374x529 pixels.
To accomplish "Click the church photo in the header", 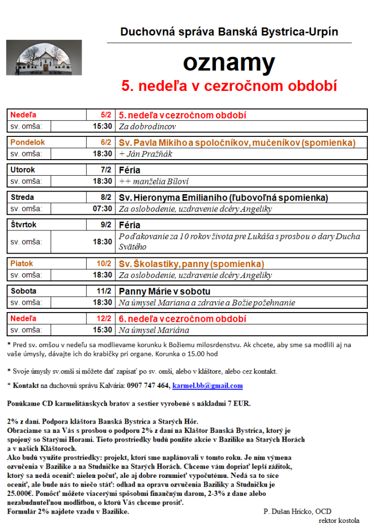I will (x=44, y=58).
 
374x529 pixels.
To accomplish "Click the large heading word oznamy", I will (x=229, y=63).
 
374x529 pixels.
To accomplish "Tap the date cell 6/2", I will (x=106, y=142).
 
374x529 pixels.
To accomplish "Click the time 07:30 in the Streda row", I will (x=102, y=209).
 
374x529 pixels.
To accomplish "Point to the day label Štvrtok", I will (x=25, y=225).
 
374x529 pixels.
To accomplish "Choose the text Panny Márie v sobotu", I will (x=165, y=291).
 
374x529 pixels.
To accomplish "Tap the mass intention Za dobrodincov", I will (x=148, y=126).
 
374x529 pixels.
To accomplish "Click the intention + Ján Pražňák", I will (x=146, y=153).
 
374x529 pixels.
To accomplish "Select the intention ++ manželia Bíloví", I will (x=154, y=181).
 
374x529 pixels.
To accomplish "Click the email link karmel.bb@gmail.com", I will (x=207, y=385).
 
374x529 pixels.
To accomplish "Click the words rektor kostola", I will (x=339, y=520).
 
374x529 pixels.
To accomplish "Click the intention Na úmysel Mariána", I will (x=154, y=330).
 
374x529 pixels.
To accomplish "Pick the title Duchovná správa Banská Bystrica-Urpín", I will (x=229, y=32).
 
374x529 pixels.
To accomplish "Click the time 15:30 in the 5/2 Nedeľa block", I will (x=102, y=126).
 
